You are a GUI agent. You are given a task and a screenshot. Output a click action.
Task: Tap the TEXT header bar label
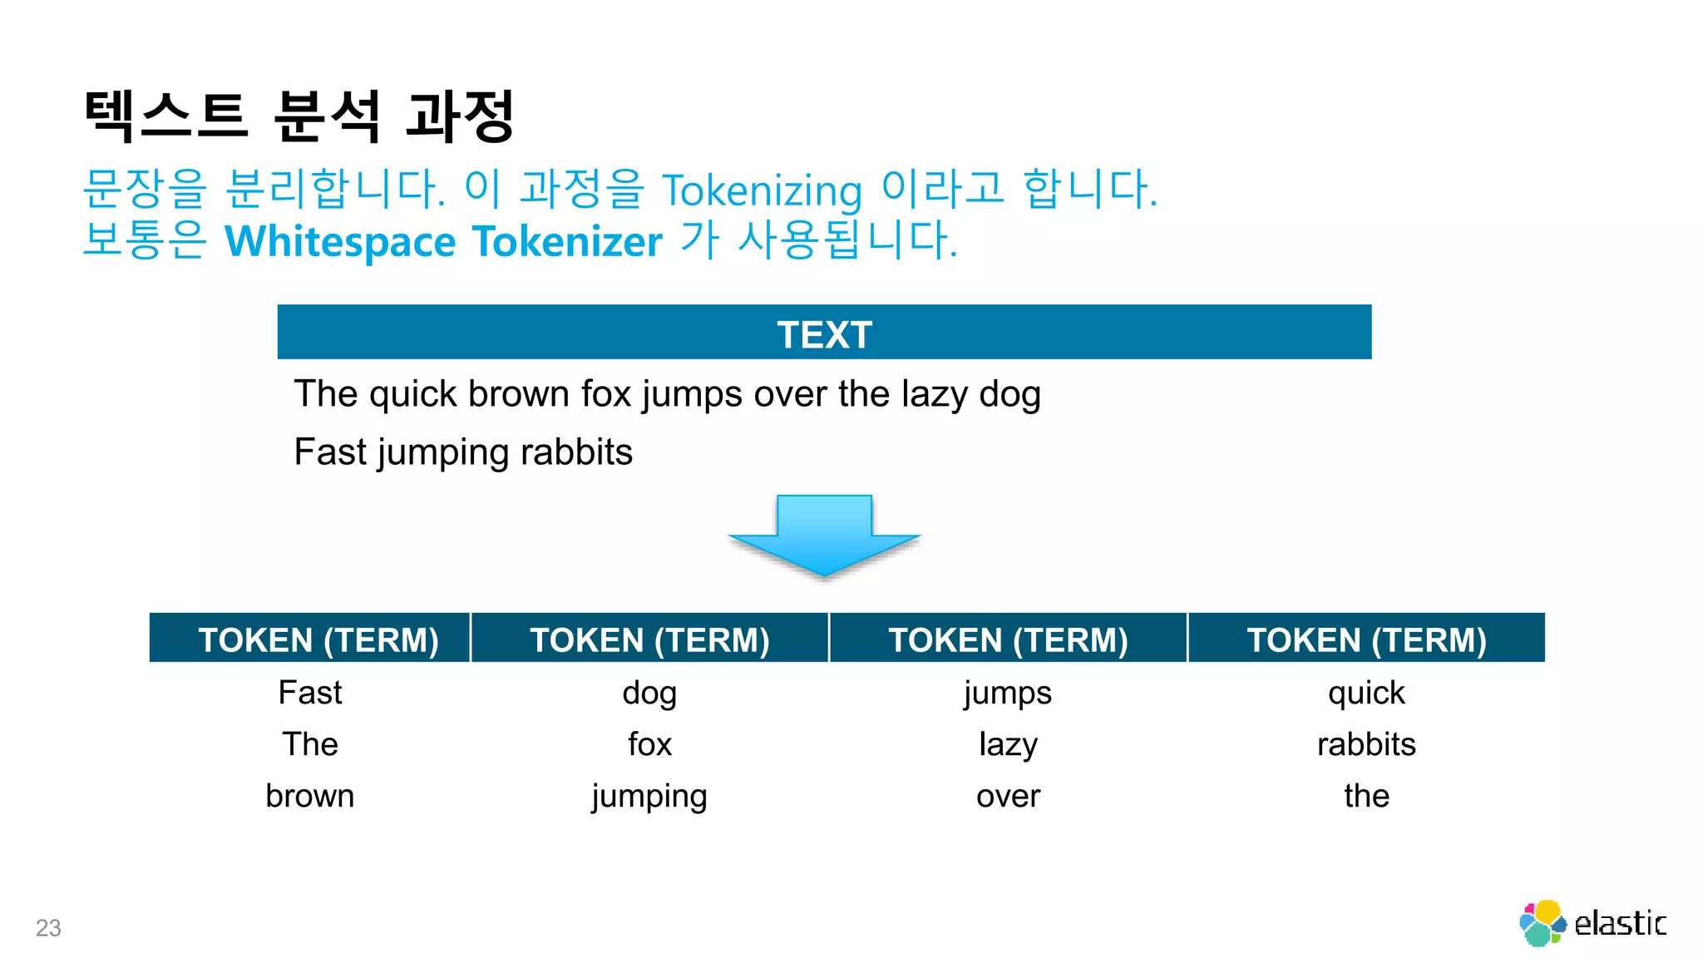click(x=824, y=334)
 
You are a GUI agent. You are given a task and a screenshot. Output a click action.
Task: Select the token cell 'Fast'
click(x=309, y=693)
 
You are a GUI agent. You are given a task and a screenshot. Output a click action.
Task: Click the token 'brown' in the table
click(x=309, y=796)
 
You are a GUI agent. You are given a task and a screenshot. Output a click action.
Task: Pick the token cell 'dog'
click(x=649, y=693)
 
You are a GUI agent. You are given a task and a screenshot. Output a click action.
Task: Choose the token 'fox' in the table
click(x=649, y=744)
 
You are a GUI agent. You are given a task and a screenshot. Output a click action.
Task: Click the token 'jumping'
click(x=649, y=797)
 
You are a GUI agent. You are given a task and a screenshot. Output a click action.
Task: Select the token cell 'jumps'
click(x=1008, y=693)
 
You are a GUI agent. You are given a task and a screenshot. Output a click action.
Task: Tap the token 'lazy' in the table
click(x=1008, y=744)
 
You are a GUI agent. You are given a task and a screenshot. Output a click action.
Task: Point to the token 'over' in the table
click(x=1008, y=796)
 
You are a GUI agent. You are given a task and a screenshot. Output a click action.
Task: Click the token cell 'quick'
click(x=1366, y=693)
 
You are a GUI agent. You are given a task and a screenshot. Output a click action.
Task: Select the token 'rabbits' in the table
click(x=1366, y=744)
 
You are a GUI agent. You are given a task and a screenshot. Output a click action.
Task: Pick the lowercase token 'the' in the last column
click(x=1366, y=796)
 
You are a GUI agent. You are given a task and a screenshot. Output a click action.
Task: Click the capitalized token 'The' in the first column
click(x=309, y=744)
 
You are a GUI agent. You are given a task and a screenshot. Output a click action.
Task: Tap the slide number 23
click(x=48, y=927)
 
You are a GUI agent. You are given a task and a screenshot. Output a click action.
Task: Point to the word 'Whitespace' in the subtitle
click(x=340, y=241)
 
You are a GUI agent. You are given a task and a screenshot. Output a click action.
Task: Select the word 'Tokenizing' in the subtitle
click(x=762, y=190)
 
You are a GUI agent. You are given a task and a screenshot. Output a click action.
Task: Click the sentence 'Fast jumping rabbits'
click(x=463, y=452)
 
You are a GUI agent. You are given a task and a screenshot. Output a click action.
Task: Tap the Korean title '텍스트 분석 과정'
click(x=299, y=116)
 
